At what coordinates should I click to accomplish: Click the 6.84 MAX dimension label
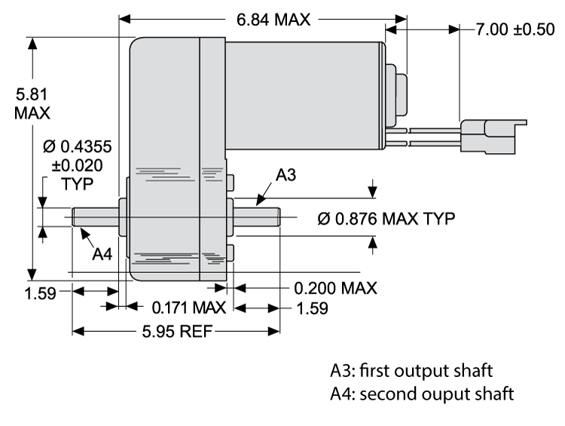point(273,20)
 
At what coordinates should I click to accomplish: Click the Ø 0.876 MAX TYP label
point(386,219)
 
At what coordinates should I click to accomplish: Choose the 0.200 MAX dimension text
point(335,288)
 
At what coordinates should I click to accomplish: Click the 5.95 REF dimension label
point(176,330)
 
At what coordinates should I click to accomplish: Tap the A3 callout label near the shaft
point(286,176)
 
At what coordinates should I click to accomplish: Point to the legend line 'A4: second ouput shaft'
point(422,394)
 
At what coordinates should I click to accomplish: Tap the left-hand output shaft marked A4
point(96,216)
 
